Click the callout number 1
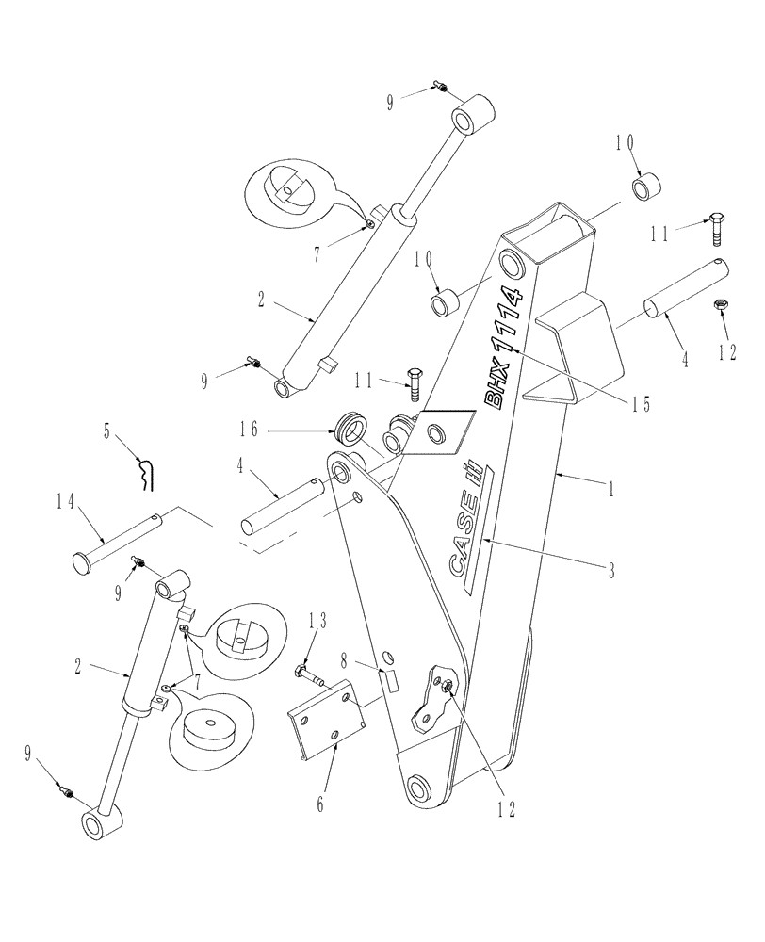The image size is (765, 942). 610,491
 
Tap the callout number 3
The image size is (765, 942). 610,570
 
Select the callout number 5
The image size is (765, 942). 107,434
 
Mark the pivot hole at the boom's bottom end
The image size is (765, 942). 419,786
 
